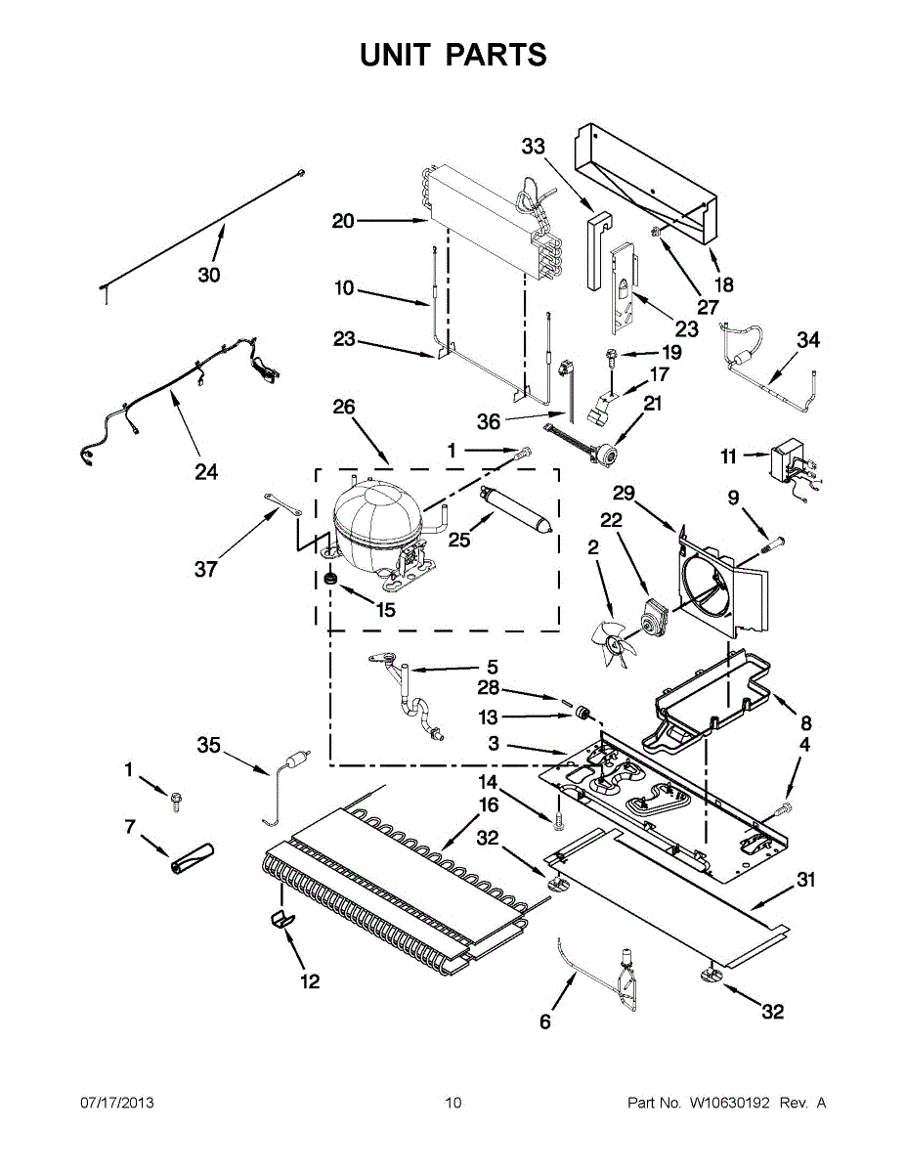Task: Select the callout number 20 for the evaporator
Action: pos(343,221)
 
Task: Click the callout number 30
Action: pos(209,275)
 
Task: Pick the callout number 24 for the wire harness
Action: pos(205,472)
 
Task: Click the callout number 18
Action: pos(723,285)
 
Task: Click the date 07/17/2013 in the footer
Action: pos(116,1104)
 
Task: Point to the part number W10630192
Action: pos(729,1104)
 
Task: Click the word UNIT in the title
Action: pos(395,55)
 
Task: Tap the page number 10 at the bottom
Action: pos(453,1104)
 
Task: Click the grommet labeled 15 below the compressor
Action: pos(331,581)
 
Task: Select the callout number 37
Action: pos(205,568)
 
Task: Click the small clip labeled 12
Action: pos(281,918)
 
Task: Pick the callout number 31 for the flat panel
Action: pos(804,880)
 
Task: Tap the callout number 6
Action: pos(545,1022)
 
